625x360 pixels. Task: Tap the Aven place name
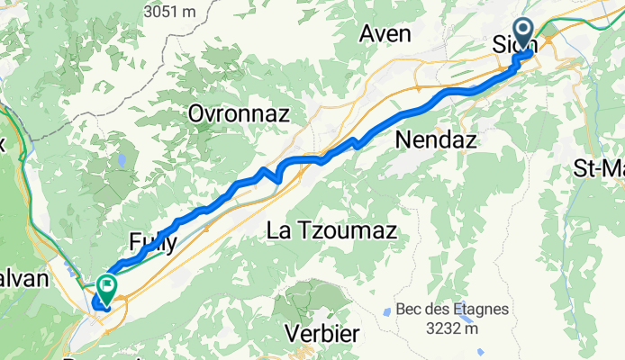coord(385,34)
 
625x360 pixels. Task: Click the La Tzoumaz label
coord(332,231)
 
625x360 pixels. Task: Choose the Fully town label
coord(152,240)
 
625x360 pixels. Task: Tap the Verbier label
coord(322,334)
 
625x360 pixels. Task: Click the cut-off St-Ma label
coord(599,167)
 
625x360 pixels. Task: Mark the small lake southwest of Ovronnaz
coord(121,161)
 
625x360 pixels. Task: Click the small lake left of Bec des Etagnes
coord(387,311)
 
